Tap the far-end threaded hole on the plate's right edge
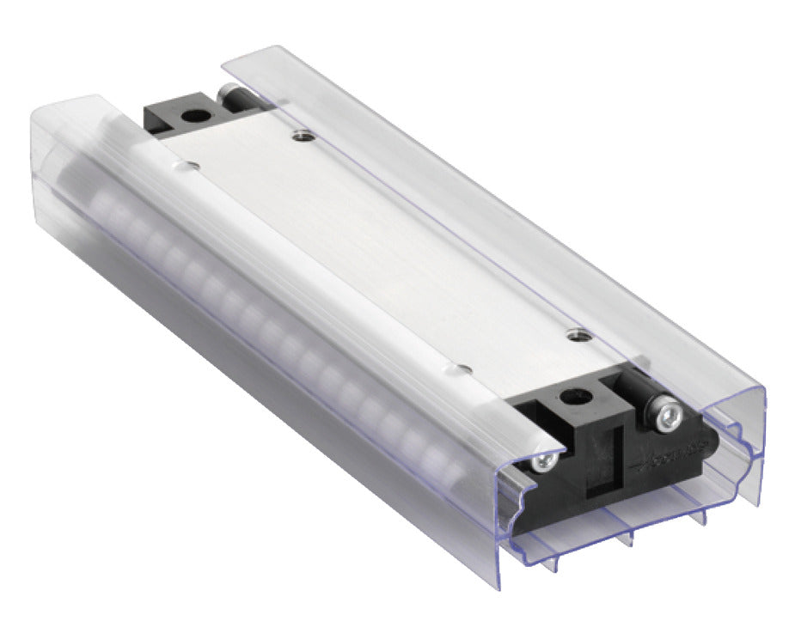pyautogui.click(x=301, y=134)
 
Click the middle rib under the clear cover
pyautogui.click(x=629, y=536)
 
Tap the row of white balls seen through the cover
pyautogui.click(x=258, y=301)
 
